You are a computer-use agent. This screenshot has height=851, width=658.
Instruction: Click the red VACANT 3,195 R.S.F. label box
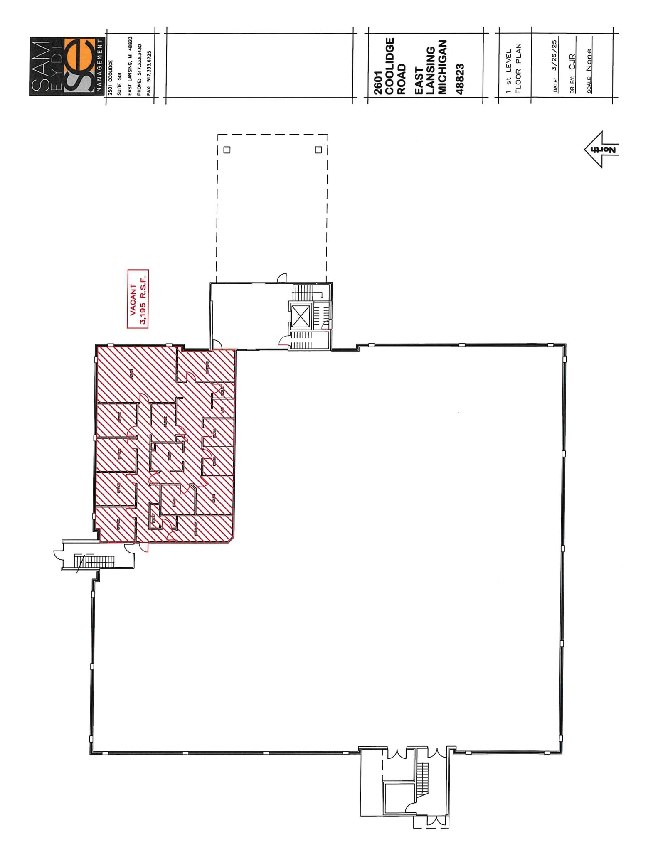138,299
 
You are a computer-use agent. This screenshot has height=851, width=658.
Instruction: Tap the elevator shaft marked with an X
301,317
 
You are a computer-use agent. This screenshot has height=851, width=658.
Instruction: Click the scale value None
589,60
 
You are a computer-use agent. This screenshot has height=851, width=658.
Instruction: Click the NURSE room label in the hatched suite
165,422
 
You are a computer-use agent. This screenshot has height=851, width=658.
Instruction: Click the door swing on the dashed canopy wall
282,278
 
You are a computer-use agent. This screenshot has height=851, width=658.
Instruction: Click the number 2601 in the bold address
378,87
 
